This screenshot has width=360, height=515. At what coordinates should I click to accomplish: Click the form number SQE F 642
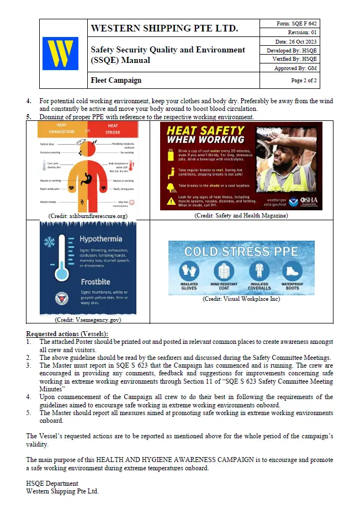tap(296, 24)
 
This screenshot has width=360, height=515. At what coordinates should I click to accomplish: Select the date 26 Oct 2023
tap(296, 42)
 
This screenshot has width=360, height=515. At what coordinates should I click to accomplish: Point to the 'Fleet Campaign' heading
tap(116, 81)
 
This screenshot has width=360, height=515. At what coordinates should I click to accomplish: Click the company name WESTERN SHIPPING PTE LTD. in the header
tap(164, 28)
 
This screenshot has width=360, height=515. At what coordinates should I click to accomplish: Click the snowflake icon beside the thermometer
tap(49, 242)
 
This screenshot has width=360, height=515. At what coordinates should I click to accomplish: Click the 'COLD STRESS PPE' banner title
tap(241, 251)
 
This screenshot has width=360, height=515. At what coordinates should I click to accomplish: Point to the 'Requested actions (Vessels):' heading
tap(67, 334)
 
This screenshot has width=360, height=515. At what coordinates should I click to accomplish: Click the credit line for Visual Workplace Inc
tap(241, 299)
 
